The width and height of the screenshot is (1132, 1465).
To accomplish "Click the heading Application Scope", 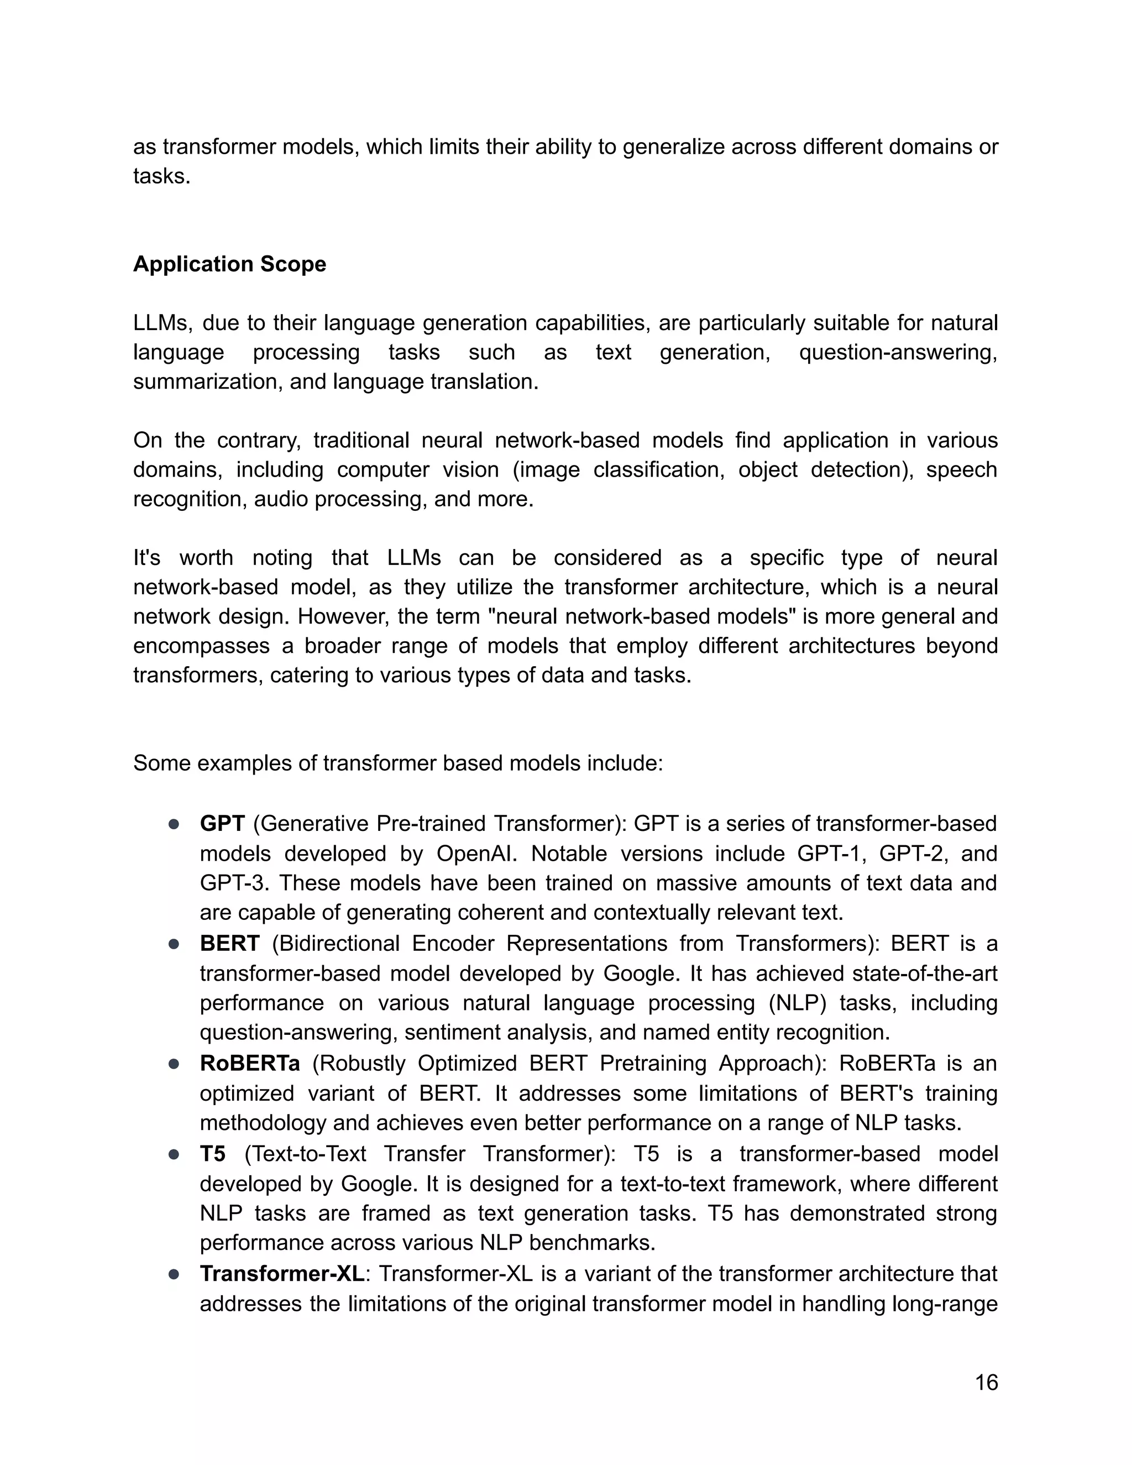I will [229, 264].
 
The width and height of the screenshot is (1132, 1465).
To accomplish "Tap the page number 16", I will [986, 1383].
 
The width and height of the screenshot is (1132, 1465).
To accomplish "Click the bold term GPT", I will [222, 823].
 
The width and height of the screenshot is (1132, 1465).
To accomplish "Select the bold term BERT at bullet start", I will [229, 943].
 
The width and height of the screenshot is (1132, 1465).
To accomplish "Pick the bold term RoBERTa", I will [249, 1063].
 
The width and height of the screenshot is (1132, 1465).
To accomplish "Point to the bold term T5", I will [213, 1154].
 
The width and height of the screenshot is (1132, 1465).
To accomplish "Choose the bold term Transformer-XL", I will [282, 1273].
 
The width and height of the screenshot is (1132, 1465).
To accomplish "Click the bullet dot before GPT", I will [174, 824].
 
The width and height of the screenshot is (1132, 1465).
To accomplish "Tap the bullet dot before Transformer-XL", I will [174, 1274].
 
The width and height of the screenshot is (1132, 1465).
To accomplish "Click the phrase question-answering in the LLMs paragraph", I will [897, 352].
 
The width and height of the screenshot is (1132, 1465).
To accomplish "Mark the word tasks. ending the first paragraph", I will [161, 176].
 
